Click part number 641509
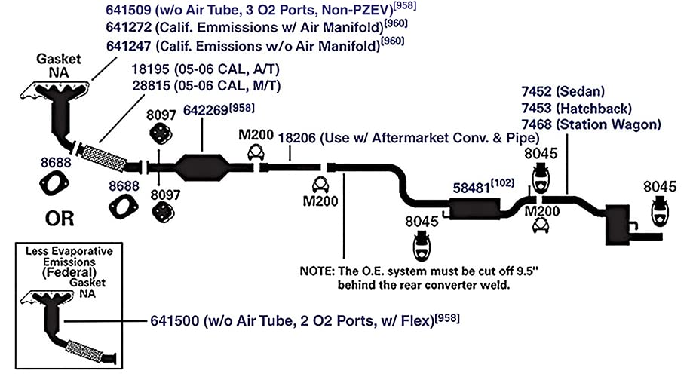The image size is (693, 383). (129, 9)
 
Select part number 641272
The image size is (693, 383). (129, 27)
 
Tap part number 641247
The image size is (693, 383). (129, 46)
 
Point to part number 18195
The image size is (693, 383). (151, 69)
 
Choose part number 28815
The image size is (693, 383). (151, 85)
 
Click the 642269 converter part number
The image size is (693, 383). (206, 110)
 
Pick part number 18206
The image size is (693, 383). (296, 138)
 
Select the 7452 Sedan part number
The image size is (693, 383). (537, 91)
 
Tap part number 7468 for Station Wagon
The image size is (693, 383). (537, 124)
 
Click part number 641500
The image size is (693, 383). (175, 320)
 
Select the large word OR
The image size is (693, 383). (60, 219)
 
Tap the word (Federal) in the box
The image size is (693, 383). (69, 272)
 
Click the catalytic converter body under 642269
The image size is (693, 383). (202, 167)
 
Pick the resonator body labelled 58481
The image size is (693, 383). (474, 209)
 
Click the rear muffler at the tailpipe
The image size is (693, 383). (618, 225)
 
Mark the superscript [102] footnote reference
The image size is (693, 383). (502, 183)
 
